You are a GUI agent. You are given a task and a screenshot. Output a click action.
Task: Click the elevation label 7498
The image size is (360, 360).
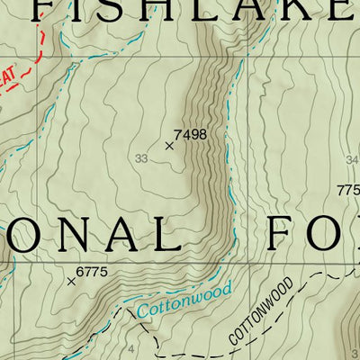190,135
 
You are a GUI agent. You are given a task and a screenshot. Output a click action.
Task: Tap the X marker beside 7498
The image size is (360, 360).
169,145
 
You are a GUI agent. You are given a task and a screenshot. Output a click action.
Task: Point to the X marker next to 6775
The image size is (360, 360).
72,281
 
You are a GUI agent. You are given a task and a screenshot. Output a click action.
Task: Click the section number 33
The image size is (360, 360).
140,159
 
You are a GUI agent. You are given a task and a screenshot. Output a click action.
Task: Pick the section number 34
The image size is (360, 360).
352,160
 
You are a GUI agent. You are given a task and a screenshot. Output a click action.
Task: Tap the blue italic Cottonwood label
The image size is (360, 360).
184,301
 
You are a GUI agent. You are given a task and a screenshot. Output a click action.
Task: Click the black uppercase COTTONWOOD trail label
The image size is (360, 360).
262,314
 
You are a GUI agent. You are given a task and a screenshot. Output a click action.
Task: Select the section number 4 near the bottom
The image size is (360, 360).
131,348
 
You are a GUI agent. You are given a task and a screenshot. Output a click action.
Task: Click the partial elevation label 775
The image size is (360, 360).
348,191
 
